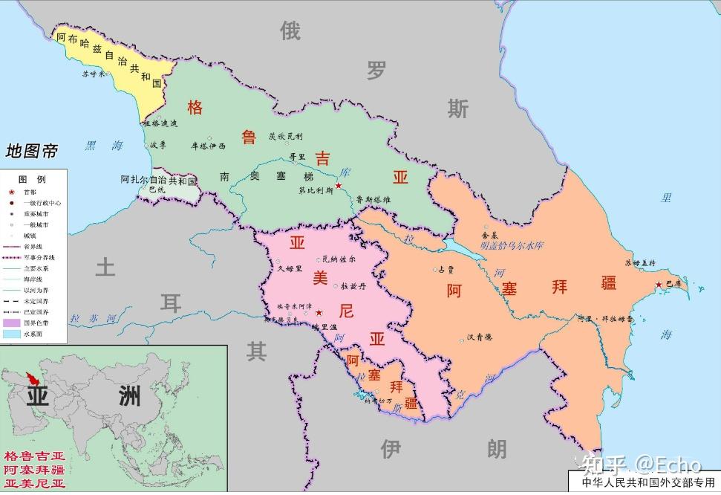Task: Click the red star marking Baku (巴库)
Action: click(x=658, y=284)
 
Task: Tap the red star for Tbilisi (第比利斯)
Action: click(x=338, y=185)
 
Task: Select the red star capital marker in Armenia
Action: click(x=319, y=313)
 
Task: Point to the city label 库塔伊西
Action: click(x=208, y=146)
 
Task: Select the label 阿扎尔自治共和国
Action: click(x=158, y=180)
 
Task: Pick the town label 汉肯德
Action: click(x=480, y=337)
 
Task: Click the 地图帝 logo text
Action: click(x=31, y=152)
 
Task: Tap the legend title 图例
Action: click(x=32, y=180)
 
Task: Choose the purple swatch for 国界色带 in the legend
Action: click(x=11, y=323)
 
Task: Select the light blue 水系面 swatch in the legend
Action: click(x=11, y=334)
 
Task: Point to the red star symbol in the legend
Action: click(x=11, y=192)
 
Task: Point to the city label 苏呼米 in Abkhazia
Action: click(x=94, y=74)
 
